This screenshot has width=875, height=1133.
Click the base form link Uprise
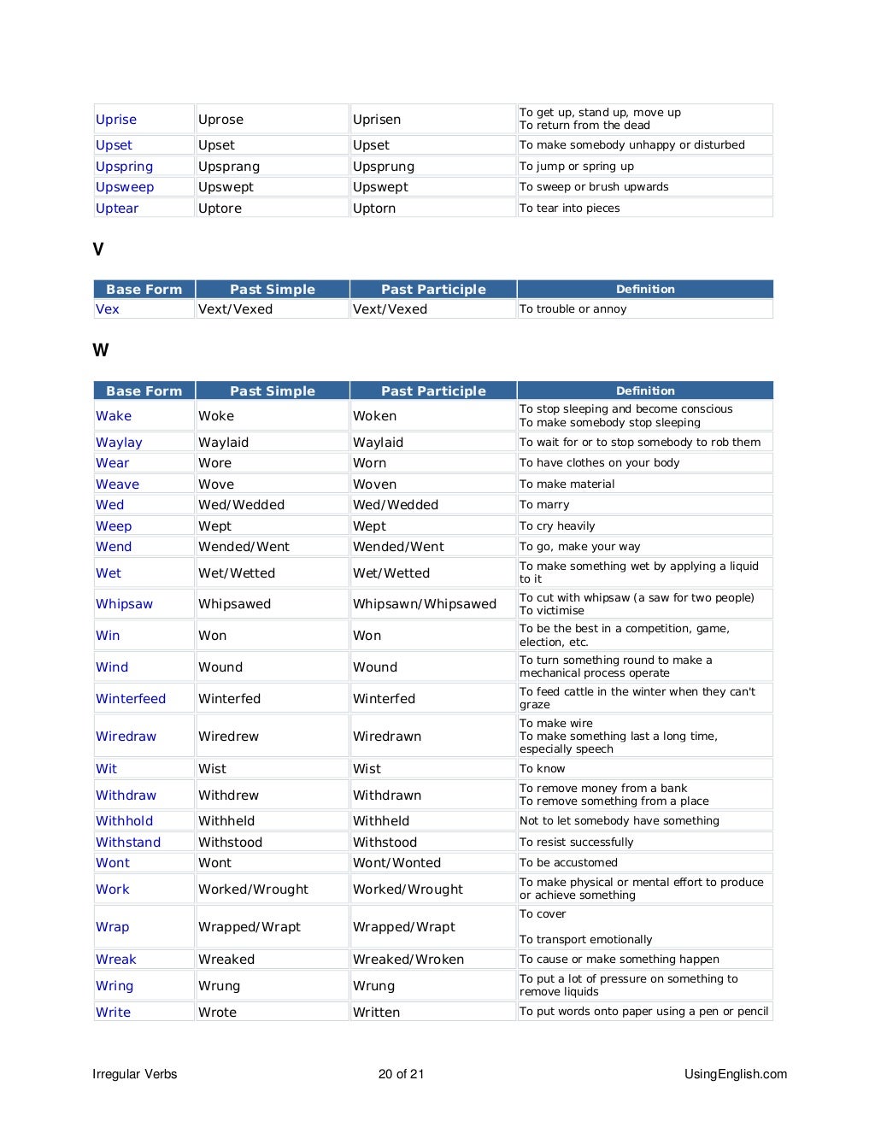pyautogui.click(x=116, y=120)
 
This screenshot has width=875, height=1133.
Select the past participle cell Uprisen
pyautogui.click(x=377, y=120)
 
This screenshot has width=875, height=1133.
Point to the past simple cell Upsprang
pyautogui.click(x=229, y=167)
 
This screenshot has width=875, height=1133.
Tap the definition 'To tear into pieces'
pyautogui.click(x=570, y=208)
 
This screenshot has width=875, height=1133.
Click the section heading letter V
pyautogui.click(x=98, y=249)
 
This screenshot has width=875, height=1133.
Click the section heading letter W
pyautogui.click(x=101, y=350)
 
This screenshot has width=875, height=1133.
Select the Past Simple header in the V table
pyautogui.click(x=273, y=290)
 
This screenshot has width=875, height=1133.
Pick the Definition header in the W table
pyautogui.click(x=645, y=390)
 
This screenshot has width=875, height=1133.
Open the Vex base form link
pyautogui.click(x=108, y=309)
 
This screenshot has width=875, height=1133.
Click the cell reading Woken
pyautogui.click(x=374, y=416)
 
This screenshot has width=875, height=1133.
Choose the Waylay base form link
pyautogui.click(x=119, y=443)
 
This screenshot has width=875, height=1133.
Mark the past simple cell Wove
pyautogui.click(x=216, y=484)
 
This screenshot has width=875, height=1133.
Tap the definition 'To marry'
pyautogui.click(x=544, y=505)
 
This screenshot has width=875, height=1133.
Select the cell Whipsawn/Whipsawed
pyautogui.click(x=425, y=604)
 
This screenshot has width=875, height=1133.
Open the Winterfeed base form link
pyautogui.click(x=131, y=699)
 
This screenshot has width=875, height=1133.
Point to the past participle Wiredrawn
pyautogui.click(x=387, y=737)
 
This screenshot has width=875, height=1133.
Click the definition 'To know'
pyautogui.click(x=543, y=769)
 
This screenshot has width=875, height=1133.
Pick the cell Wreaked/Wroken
pyautogui.click(x=408, y=960)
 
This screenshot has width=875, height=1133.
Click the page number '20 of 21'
pyautogui.click(x=402, y=1074)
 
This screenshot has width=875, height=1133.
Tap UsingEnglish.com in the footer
pyautogui.click(x=736, y=1074)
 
